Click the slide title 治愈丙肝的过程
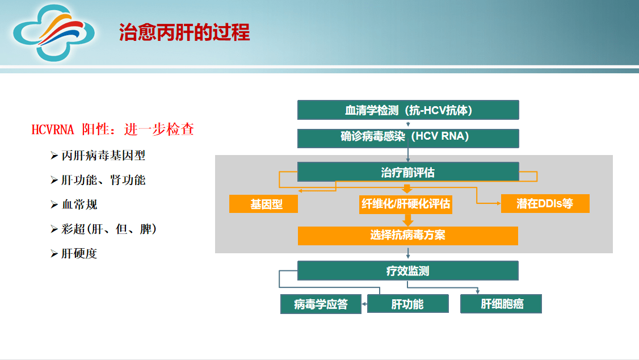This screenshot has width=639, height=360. [x=184, y=32]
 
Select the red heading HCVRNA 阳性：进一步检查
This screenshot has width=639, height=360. [x=113, y=129]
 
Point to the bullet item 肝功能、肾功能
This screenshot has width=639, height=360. [x=103, y=180]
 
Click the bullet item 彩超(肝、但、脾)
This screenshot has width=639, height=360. [x=108, y=229]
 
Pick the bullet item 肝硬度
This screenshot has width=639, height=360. [x=79, y=254]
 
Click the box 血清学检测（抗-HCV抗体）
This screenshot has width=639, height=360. [x=408, y=110]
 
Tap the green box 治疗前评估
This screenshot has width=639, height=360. [x=408, y=172]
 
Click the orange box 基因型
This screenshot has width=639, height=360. [x=263, y=204]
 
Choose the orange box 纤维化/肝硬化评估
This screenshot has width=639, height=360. [x=406, y=204]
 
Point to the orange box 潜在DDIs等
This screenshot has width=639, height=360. [x=545, y=204]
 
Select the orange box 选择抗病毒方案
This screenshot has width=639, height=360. [x=408, y=236]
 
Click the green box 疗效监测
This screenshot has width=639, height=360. [x=408, y=271]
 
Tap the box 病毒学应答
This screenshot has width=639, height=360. [x=321, y=304]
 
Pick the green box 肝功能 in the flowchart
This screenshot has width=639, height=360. [x=407, y=304]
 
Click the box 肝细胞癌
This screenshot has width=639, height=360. [x=502, y=304]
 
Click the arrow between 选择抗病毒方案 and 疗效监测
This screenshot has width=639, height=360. [x=408, y=253]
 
